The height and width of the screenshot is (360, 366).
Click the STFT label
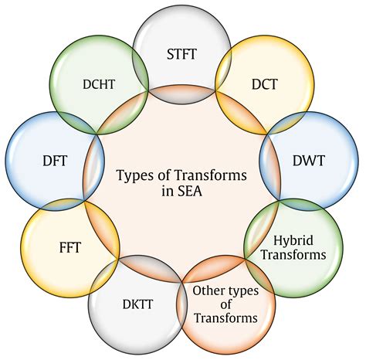pyautogui.click(x=181, y=54)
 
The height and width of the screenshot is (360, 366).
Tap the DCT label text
pyautogui.click(x=265, y=84)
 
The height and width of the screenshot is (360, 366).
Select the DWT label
pyautogui.click(x=309, y=161)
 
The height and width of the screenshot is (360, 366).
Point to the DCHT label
pyautogui.click(x=99, y=84)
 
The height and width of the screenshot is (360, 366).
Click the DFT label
pyautogui.click(x=55, y=161)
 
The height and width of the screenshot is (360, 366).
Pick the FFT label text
pyautogui.click(x=70, y=247)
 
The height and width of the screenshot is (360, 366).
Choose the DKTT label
pyautogui.click(x=137, y=304)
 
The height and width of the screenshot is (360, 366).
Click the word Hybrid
pyautogui.click(x=293, y=241)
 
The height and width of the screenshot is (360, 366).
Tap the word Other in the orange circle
pyautogui.click(x=208, y=290)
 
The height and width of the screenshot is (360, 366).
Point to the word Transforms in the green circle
pyautogui.click(x=293, y=255)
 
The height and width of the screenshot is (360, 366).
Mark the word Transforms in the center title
pyautogui.click(x=211, y=175)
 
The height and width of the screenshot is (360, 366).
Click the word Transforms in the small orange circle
pyautogui.click(x=225, y=318)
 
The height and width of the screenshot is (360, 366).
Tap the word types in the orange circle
pyautogui.click(x=242, y=291)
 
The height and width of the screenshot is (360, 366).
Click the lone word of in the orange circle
pyautogui.click(x=225, y=304)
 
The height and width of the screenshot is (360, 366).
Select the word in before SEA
pyautogui.click(x=168, y=192)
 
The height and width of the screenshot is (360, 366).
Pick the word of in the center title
pyautogui.click(x=164, y=175)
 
